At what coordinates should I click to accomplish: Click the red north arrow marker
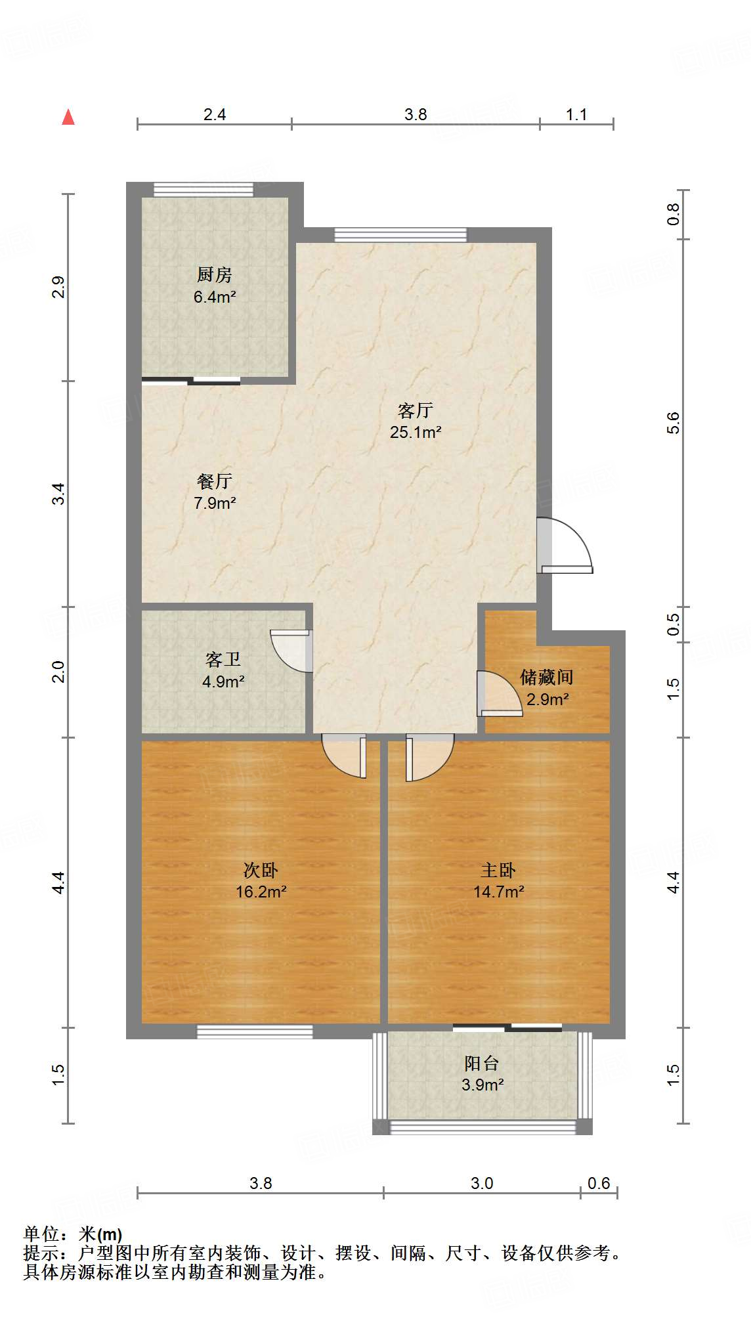[x=68, y=117]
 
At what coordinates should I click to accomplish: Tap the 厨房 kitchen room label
[x=215, y=274]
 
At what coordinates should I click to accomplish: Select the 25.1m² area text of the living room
[x=415, y=432]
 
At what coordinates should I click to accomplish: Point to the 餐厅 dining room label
[x=215, y=481]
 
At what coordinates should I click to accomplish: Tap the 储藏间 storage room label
[x=547, y=677]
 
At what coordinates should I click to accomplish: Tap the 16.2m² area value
[x=261, y=892]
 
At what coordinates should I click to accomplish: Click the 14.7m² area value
[x=498, y=892]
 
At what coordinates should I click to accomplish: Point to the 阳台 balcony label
[x=482, y=1063]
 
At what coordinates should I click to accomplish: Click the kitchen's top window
[x=203, y=190]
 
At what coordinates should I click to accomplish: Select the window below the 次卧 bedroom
[x=255, y=1031]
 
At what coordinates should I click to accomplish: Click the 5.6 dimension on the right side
[x=674, y=423]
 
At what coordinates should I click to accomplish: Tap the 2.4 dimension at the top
[x=215, y=115]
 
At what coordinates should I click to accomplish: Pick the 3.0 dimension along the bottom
[x=482, y=1183]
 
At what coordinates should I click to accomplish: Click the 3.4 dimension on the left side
[x=59, y=494]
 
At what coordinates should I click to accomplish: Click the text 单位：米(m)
[x=73, y=1234]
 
